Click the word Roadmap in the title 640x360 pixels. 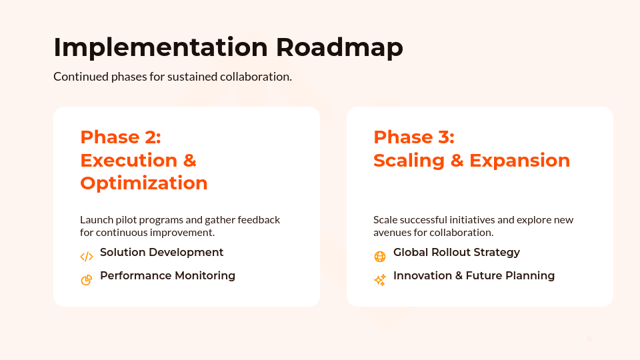click(x=339, y=48)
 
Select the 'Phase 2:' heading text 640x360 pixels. click(x=121, y=137)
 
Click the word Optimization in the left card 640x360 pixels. click(x=144, y=183)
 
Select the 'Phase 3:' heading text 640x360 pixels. click(x=414, y=137)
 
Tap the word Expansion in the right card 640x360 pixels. click(x=520, y=161)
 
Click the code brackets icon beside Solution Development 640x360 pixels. click(x=87, y=257)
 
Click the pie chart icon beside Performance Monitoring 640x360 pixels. click(x=87, y=280)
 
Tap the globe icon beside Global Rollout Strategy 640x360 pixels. click(x=380, y=257)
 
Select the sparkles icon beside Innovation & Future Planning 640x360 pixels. click(x=380, y=280)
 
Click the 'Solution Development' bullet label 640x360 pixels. click(x=161, y=253)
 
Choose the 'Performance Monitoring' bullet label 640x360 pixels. click(x=167, y=276)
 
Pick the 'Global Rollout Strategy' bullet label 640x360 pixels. click(x=457, y=253)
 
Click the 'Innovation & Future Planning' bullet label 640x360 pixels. click(x=474, y=276)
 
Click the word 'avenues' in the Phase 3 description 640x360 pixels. click(x=391, y=233)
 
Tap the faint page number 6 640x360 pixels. click(x=589, y=339)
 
